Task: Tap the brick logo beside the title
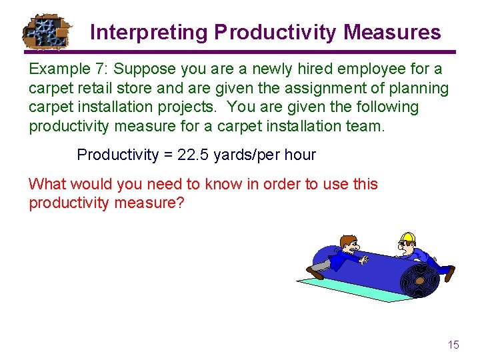click(46, 31)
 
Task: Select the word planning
click(417, 88)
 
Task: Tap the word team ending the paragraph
click(367, 125)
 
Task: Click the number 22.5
click(194, 155)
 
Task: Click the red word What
click(46, 184)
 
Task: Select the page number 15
click(453, 345)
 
